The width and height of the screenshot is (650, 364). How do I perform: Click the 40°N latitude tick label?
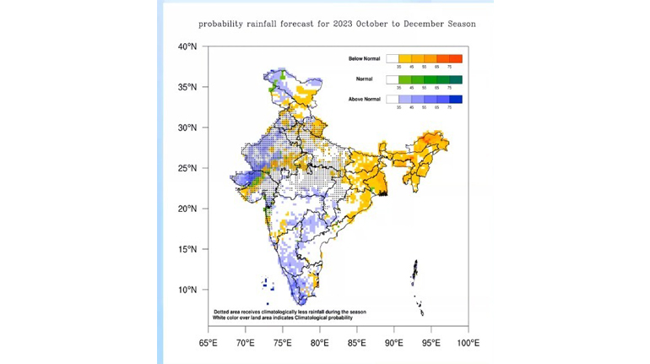187,46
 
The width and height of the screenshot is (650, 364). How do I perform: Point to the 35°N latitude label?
187,87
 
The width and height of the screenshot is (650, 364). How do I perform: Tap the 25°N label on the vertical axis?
187,168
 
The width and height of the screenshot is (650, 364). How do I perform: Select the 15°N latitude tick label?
187,249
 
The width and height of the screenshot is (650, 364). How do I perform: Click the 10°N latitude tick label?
187,290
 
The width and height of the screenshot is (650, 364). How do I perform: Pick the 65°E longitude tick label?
208,343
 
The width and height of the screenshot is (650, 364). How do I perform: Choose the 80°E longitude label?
319,343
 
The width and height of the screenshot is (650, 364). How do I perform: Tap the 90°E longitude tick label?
393,343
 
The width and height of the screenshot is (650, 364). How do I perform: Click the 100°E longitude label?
468,343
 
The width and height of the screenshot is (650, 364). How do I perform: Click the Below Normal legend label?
365,58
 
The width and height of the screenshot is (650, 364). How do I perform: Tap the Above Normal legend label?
365,100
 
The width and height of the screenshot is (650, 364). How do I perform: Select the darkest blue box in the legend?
456,100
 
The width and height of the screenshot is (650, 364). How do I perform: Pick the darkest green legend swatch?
456,79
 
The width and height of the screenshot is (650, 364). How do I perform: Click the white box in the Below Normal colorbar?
393,58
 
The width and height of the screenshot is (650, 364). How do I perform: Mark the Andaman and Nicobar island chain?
416,283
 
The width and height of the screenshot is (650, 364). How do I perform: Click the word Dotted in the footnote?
223,311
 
